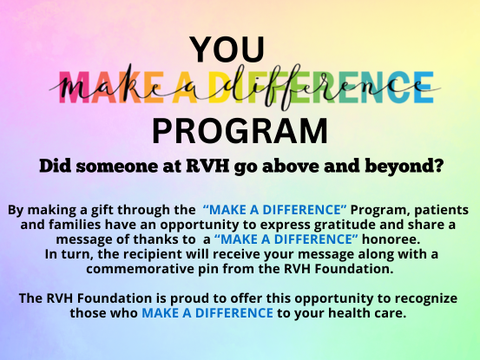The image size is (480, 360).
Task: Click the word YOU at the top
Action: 227,49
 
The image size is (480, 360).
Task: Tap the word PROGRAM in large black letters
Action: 240,131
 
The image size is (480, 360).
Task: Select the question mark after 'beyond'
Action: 438,166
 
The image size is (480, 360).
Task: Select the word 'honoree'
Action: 391,239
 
